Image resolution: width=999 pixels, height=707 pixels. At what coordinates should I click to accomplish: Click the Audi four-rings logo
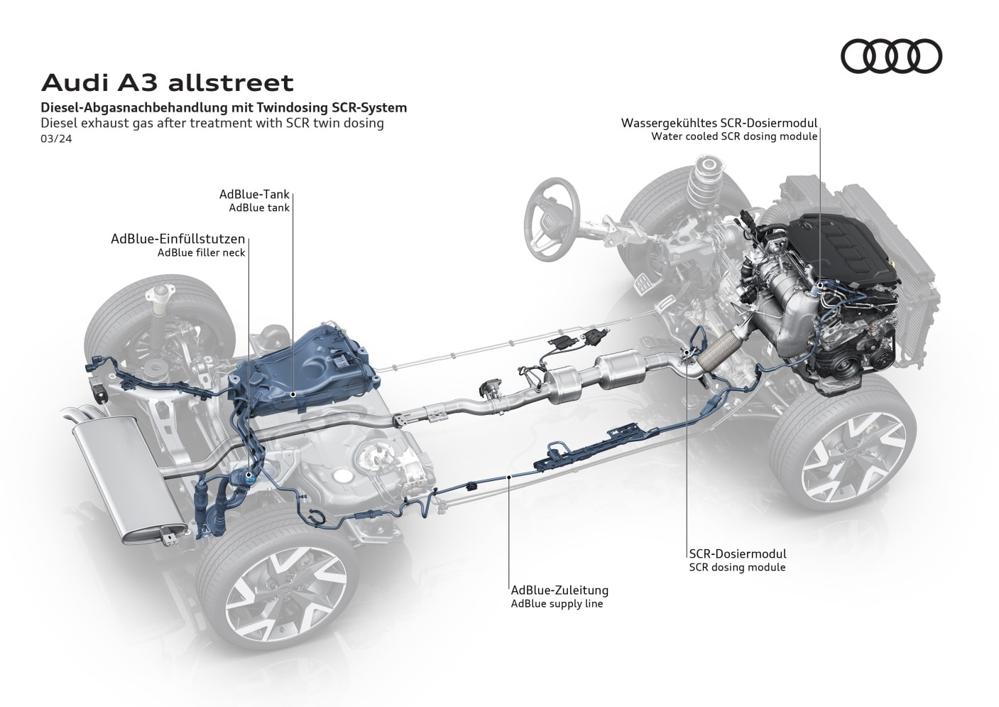point(891,55)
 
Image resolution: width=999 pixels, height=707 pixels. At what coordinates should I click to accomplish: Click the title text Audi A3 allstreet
point(167,82)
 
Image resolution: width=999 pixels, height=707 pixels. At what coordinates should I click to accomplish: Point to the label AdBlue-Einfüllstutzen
point(178,239)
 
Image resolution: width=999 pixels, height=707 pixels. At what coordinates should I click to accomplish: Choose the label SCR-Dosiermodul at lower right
point(737,554)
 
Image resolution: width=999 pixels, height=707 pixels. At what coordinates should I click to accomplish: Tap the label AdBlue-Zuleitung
point(559,590)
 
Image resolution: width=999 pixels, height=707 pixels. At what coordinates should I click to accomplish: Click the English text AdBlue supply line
point(556,604)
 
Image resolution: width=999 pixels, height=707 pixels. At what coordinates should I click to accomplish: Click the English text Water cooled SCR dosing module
point(734,136)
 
